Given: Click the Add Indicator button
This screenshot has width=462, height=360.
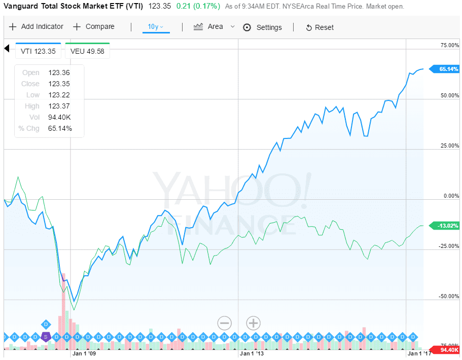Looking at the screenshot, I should point(36,27).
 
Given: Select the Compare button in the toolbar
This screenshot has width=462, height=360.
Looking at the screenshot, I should point(94,27).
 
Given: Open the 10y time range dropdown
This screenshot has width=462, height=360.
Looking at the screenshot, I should point(156,27).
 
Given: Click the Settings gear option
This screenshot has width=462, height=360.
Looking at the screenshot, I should point(262,27).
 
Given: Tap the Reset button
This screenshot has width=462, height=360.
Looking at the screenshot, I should point(319,27).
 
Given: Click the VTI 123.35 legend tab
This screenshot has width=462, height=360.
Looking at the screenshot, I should point(39,51).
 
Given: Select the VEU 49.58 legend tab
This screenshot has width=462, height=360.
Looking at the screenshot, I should point(87,51).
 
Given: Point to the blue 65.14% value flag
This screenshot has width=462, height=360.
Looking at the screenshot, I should point(444,68).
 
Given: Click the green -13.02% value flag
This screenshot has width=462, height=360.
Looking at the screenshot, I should point(444,225).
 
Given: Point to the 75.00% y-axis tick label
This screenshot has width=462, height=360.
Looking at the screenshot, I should point(449,46).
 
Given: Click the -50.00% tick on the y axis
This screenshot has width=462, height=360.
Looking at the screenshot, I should point(448,296).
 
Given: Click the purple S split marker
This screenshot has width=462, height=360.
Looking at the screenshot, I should point(46,336).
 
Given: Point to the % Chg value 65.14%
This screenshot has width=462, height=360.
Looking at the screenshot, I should point(60,128).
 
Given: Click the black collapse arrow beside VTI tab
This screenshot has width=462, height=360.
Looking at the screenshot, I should point(7,48).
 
